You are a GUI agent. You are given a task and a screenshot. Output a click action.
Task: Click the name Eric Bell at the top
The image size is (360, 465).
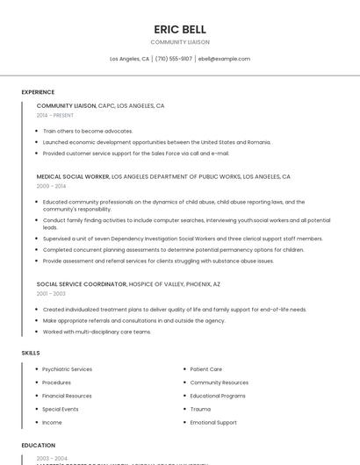[x=180, y=29]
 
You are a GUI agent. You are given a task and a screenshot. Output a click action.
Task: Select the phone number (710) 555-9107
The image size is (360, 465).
[x=175, y=59]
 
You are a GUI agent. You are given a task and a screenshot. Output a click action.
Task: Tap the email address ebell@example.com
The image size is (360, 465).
[x=224, y=59]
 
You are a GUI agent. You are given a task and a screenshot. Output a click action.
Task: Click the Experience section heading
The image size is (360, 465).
[x=38, y=92]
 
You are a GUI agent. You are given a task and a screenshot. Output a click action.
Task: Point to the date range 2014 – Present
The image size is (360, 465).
[x=55, y=115]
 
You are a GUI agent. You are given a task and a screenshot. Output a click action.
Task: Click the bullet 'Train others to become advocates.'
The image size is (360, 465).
[x=88, y=131]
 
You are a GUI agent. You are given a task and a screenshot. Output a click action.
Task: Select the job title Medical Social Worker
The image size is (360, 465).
[x=73, y=176]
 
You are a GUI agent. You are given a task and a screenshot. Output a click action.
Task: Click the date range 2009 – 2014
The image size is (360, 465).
[x=51, y=186]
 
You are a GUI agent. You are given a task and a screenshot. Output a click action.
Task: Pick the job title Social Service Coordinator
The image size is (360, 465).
[x=82, y=284]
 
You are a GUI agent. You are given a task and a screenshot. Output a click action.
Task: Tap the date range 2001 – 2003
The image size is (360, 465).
[x=51, y=294]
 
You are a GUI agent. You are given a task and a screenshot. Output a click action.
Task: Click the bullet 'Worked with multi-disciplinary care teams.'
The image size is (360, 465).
[x=97, y=332]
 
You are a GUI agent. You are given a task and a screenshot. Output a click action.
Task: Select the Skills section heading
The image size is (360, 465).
[x=31, y=353]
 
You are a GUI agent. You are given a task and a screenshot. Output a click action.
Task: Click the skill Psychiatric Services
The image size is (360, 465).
[x=68, y=369]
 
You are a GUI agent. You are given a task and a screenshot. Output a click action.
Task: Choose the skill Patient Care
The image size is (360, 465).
[x=206, y=369]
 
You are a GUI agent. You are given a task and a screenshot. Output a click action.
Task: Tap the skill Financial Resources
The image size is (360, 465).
[x=67, y=396]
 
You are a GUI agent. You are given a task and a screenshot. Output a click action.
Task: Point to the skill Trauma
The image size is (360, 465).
[x=200, y=409]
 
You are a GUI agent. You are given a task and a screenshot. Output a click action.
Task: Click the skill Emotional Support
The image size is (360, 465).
[x=213, y=422]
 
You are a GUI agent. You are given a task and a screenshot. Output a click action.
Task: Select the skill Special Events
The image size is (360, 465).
[x=61, y=409]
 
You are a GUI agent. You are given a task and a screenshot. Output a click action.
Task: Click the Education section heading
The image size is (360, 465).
[x=39, y=446]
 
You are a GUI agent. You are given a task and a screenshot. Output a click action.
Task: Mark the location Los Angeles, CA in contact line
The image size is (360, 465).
[x=129, y=59]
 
